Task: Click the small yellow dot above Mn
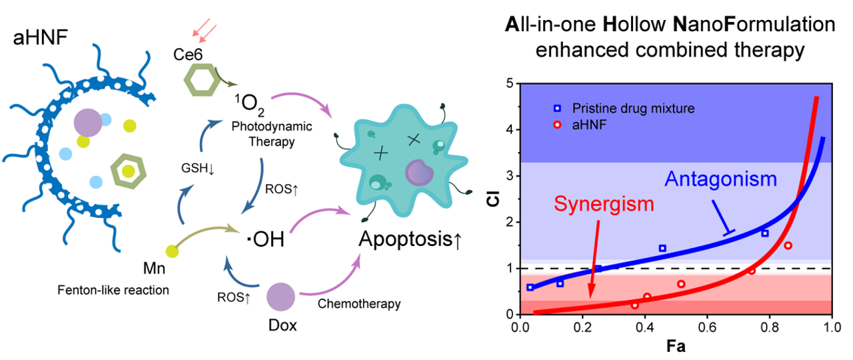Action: pos(173,251)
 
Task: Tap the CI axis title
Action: pos(492,199)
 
